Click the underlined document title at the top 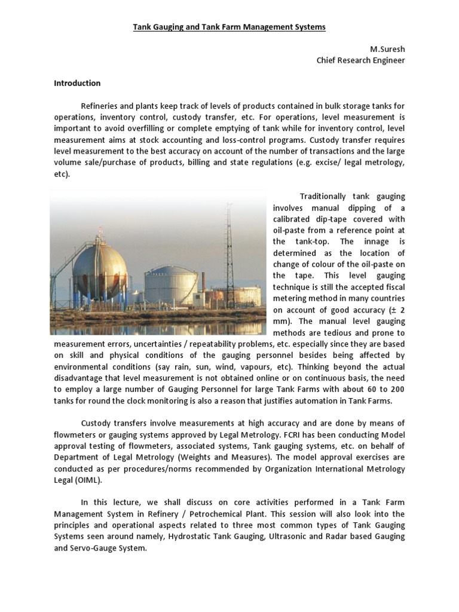point(229,27)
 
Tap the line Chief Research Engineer point(360,60)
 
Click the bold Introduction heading point(78,83)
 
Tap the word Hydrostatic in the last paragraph point(188,536)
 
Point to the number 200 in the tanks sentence point(397,389)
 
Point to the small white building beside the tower point(249,294)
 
